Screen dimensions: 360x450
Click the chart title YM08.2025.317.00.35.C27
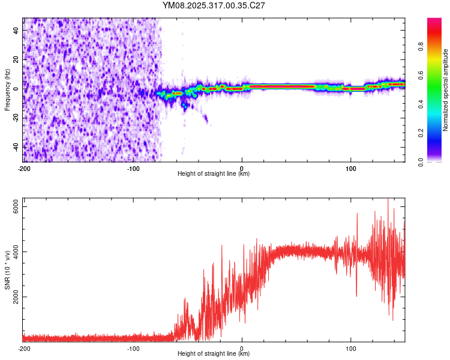pos(214,6)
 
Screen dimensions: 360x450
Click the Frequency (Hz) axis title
pos(7,90)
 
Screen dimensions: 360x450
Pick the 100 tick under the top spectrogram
pos(350,168)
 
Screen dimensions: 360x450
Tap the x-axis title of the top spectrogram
pos(214,174)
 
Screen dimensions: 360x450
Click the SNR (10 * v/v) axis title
pos(7,270)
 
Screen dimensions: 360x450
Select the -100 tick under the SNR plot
pos(133,349)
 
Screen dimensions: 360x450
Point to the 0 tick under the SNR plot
pos(242,349)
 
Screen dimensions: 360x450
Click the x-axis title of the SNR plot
pos(214,355)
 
